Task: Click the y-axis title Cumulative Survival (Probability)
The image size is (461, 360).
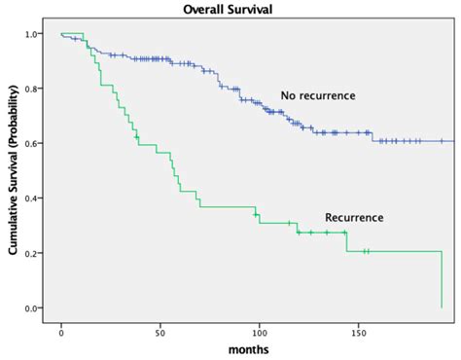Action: point(14,169)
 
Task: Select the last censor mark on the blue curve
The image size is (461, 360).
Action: point(441,141)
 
